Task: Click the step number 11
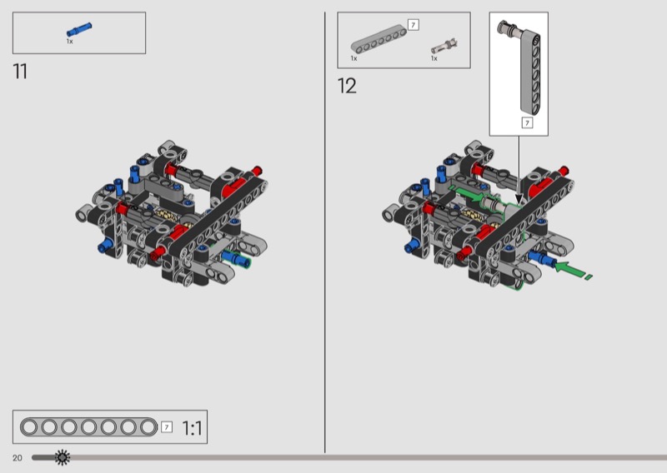point(20,72)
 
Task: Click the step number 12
point(347,86)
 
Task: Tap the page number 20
point(17,458)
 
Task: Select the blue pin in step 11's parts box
point(79,29)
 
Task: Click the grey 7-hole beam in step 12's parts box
point(379,39)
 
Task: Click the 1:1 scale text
point(192,428)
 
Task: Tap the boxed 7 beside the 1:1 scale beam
point(167,426)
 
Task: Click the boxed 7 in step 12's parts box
point(413,25)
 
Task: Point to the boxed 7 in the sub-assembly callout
point(527,122)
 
